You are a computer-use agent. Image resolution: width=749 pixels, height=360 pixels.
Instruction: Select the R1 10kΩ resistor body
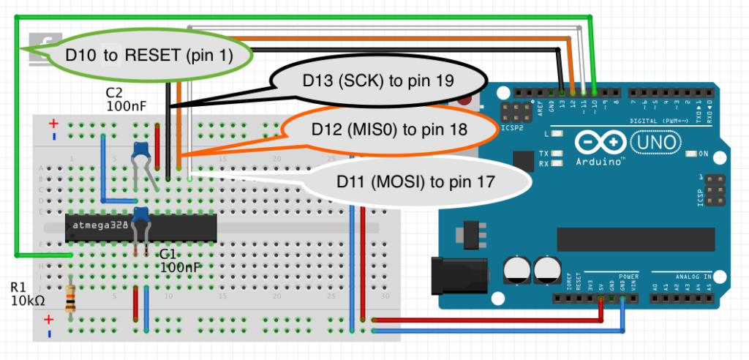[x=70, y=299]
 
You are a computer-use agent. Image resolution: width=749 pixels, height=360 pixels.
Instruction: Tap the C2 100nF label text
[x=127, y=100]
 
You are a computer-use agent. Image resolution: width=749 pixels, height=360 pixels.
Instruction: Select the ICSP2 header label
[x=514, y=130]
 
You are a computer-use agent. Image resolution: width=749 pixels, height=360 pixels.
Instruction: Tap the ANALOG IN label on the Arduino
[x=690, y=277]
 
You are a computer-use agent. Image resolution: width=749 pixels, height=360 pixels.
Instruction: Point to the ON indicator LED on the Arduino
[x=692, y=154]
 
